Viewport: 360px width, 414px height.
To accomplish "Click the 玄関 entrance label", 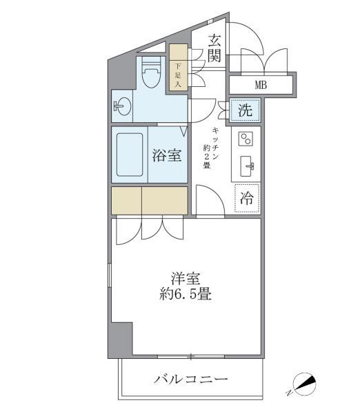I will (214, 48).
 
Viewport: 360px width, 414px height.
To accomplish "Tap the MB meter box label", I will (261, 86).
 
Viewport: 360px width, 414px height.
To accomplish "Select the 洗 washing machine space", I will (246, 108).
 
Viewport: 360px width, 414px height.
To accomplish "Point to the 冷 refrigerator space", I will (246, 198).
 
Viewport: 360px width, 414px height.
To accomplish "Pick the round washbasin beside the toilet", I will (123, 107).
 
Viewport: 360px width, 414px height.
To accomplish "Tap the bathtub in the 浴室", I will (129, 155).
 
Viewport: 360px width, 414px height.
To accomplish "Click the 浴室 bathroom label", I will (167, 155).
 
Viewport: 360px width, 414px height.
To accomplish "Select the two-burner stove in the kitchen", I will (246, 139).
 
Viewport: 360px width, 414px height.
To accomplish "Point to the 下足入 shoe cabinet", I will (179, 68).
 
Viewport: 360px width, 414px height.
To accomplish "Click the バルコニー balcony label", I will (190, 379).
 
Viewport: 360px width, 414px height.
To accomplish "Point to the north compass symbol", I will (303, 384).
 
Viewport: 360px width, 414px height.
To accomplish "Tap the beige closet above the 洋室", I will (149, 201).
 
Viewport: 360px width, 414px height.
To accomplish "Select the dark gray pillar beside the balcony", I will (121, 339).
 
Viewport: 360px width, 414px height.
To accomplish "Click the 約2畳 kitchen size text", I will (206, 158).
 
